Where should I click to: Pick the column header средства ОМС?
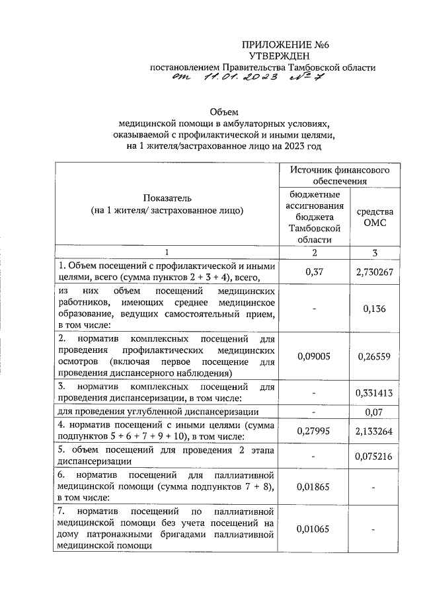pyautogui.click(x=374, y=217)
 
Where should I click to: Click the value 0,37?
pyautogui.click(x=314, y=271)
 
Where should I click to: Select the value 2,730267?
pyautogui.click(x=374, y=271)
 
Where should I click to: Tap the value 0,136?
pyautogui.click(x=374, y=308)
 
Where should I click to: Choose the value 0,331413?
pyautogui.click(x=374, y=392)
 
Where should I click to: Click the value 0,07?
pyautogui.click(x=374, y=411)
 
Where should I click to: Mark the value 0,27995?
pyautogui.click(x=314, y=430)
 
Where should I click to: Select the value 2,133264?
pyautogui.click(x=374, y=430)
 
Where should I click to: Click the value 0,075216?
pyautogui.click(x=374, y=455)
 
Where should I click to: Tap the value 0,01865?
pyautogui.click(x=314, y=487)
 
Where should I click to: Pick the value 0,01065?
pyautogui.click(x=314, y=529)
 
